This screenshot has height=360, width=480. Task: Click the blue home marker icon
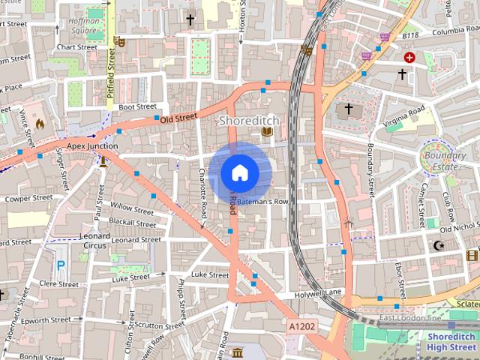239,173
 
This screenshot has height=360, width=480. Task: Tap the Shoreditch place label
248,120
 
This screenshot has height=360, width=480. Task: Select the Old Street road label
178,117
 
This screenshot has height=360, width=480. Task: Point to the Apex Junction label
93,145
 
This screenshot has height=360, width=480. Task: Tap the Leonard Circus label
94,240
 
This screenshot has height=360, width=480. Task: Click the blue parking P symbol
61,265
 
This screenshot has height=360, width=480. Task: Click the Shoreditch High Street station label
451,341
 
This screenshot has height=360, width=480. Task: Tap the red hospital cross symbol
409,57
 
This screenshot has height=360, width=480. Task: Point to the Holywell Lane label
318,292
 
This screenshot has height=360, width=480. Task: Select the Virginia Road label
405,117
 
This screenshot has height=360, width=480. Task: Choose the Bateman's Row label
264,202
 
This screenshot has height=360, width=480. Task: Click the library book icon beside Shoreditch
266,132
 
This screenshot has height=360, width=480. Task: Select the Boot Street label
136,107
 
